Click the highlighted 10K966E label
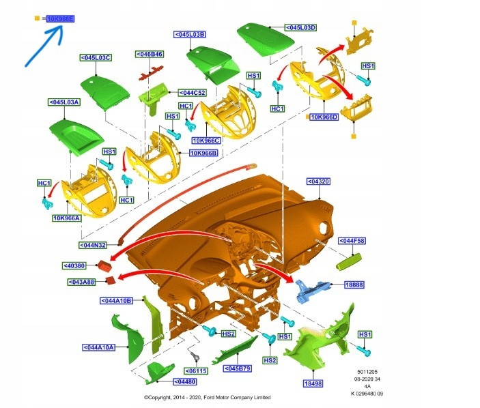click(61, 19)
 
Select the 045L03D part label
click(301, 27)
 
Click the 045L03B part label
click(190, 34)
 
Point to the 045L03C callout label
click(96, 58)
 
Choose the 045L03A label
click(64, 102)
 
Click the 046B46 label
click(150, 54)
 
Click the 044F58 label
click(352, 241)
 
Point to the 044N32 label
click(94, 245)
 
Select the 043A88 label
click(81, 282)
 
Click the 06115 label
click(196, 370)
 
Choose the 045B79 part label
click(238, 369)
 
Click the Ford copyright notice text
click(207, 397)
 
